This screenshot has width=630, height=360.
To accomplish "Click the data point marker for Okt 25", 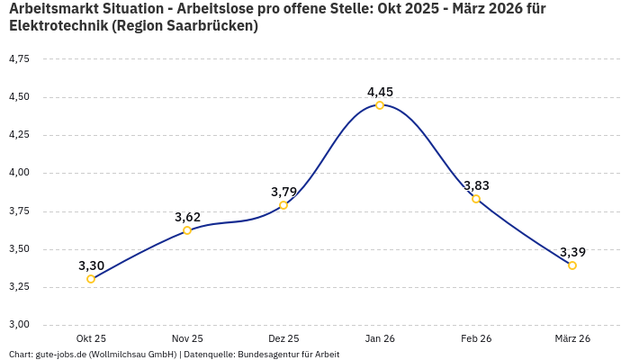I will (x=91, y=279).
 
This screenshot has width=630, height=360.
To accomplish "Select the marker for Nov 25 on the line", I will (x=187, y=230).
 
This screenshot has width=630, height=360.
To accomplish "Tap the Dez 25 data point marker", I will (x=283, y=205).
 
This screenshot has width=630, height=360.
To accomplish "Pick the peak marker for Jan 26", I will (x=380, y=105).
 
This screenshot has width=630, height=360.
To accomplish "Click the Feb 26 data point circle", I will (x=476, y=199).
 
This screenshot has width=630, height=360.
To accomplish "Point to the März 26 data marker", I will (x=572, y=265).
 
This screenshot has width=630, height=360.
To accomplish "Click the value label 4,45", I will (x=380, y=92).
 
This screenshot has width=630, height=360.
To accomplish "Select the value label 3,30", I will (x=91, y=265).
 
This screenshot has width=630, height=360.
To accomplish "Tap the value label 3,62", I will (x=187, y=217).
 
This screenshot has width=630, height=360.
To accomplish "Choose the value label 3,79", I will (x=283, y=192).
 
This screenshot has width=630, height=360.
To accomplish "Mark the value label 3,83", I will (x=476, y=185).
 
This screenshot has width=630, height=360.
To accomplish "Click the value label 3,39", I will (x=572, y=252).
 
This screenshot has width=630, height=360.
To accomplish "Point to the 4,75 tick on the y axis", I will (x=19, y=58).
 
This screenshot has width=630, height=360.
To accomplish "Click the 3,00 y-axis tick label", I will (x=19, y=325).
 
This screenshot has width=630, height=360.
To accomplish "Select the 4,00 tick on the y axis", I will (x=19, y=173).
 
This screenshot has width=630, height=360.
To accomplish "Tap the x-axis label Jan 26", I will (x=380, y=338).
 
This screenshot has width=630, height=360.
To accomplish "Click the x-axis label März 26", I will (x=572, y=338).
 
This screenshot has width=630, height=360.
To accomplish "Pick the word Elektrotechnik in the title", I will (x=57, y=26).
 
